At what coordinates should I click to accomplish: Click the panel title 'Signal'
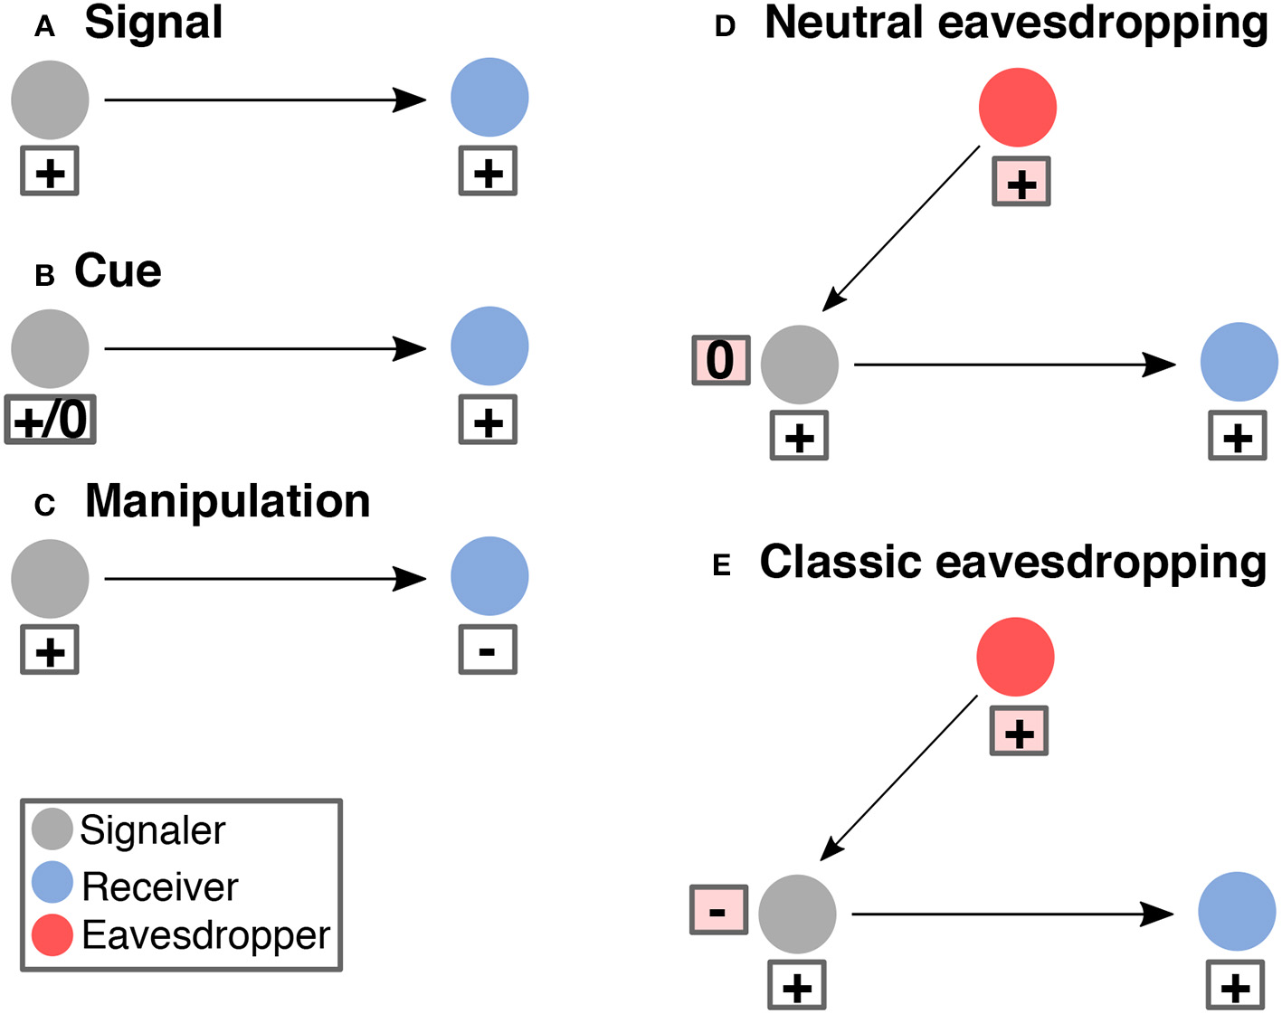pos(153,23)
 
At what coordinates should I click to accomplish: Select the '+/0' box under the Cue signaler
pos(51,420)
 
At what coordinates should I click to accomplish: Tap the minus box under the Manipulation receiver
pos(488,649)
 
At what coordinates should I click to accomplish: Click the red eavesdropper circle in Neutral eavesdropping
pos(1018,107)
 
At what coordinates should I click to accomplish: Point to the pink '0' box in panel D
pos(721,360)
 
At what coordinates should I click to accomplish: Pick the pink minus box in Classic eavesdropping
pos(718,909)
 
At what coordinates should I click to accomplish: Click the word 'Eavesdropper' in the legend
pos(205,935)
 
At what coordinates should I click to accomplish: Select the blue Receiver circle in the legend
pos(52,882)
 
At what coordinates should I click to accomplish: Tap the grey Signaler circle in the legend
pos(52,829)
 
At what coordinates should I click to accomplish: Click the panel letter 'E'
pos(722,566)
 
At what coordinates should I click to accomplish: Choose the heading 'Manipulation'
pos(227,501)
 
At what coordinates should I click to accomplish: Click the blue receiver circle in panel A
pos(489,98)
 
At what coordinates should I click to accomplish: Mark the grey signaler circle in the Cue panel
pos(51,348)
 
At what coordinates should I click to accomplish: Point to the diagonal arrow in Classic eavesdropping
pos(900,777)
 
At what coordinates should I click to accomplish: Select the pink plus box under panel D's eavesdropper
pos(1021,182)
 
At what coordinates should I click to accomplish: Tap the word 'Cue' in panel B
pos(118,270)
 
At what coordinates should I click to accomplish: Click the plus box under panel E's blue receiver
pos(1236,985)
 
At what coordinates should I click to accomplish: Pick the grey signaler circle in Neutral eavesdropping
pos(800,365)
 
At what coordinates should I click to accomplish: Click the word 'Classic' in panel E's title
pos(841,562)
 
